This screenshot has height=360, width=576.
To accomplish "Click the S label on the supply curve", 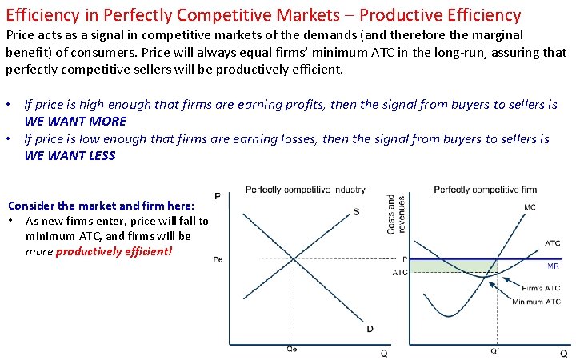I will coord(356,211).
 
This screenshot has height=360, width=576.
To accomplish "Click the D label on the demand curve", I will coord(369,329).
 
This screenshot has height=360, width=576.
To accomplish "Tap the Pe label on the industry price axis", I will coord(218,259).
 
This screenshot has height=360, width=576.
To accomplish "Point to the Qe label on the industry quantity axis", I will coord(294,349).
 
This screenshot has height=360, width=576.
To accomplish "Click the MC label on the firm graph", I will coord(530,207).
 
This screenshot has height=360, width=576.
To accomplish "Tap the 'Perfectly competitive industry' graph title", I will coord(305,190).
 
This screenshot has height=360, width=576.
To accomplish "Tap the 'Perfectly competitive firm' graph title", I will coord(485,190).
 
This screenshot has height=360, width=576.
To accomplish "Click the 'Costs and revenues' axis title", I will coord(391,214).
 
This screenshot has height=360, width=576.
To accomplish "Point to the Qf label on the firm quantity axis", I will coord(496,350).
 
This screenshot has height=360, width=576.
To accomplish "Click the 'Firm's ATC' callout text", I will coord(541,288).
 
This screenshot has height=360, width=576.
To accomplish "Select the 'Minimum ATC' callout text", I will coord(538,302).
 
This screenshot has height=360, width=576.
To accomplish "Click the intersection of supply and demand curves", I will coord(294,259).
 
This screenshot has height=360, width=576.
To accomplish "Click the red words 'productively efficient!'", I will coord(114,251).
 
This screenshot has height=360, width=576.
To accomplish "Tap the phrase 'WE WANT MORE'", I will coord(75,121).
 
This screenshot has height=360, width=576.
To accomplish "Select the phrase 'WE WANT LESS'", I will coord(70,155).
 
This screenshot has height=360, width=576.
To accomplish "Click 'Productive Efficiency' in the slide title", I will coord(433,14).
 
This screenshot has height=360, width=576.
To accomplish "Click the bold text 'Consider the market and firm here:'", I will coord(101,206).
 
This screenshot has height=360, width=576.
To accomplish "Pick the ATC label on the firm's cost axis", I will coord(399,272).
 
